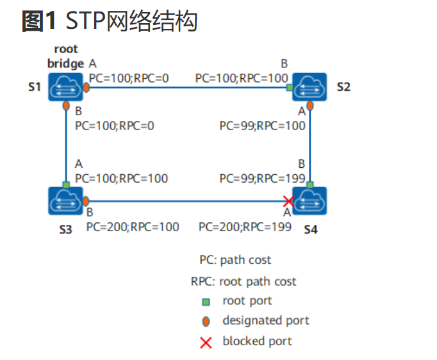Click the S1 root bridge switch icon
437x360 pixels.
click(65, 87)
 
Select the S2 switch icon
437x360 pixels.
click(309, 87)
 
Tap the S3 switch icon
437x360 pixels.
click(65, 201)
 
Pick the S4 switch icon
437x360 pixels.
click(309, 201)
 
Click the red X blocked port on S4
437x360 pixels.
click(288, 201)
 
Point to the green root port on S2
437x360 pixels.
click(290, 88)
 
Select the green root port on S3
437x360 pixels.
click(66, 184)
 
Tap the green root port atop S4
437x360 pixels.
click(310, 184)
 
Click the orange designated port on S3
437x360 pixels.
click(86, 201)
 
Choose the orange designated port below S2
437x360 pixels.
click(310, 106)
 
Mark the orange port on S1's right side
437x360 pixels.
click(87, 88)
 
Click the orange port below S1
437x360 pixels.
click(66, 106)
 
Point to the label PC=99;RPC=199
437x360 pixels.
click(262, 178)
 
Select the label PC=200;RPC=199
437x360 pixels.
click(245, 227)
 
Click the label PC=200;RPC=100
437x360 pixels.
click(133, 227)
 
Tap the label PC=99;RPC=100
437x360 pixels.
click(262, 126)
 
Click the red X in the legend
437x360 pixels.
click(206, 343)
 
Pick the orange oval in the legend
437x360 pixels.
click(206, 322)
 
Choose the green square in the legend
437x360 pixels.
click(206, 302)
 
